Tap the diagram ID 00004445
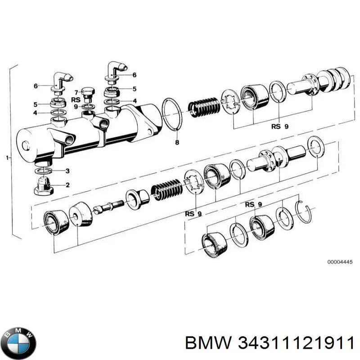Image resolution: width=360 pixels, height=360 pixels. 340,262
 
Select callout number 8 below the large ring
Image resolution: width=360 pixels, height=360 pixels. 177,142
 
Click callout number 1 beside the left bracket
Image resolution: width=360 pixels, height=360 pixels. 7,158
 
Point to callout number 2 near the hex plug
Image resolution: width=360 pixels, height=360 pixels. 67,185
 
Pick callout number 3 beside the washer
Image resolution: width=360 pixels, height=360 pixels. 67,171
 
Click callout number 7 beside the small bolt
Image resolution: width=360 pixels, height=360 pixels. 76,93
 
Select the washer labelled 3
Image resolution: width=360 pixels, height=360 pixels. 43,171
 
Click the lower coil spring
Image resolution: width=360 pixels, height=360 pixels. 166,189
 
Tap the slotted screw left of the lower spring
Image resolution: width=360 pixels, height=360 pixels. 108,207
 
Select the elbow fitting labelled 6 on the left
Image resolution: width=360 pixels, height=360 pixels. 61,83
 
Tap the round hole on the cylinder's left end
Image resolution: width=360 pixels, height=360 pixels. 25,145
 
